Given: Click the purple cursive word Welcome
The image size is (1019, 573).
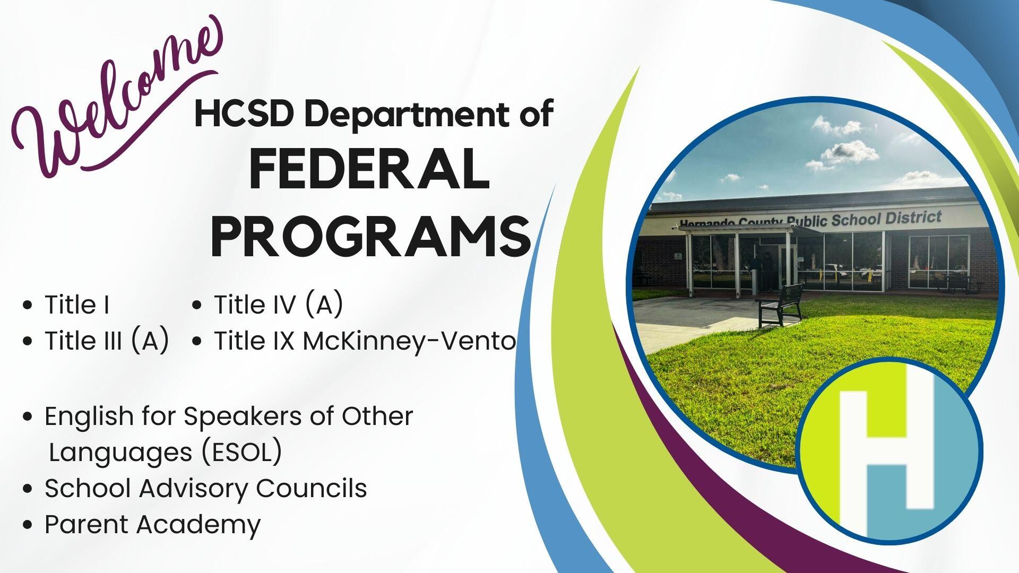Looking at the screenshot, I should coord(117,101).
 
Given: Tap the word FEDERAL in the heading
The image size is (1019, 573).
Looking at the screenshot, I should coord(369,171).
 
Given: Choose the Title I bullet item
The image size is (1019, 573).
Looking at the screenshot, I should coord(77,305).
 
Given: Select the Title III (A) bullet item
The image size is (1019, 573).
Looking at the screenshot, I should coord(107,341).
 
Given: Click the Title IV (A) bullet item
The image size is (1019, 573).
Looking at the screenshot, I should coord(278,305).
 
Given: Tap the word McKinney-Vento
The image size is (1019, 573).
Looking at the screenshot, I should coord(409,341).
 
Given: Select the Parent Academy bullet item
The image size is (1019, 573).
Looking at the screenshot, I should coord(152,525).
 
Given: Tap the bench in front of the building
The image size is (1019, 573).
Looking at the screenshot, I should coord(781,304).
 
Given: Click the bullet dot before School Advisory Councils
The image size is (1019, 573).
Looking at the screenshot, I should coord(28,489).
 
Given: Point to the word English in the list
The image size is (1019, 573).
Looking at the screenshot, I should coord(89,417).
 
